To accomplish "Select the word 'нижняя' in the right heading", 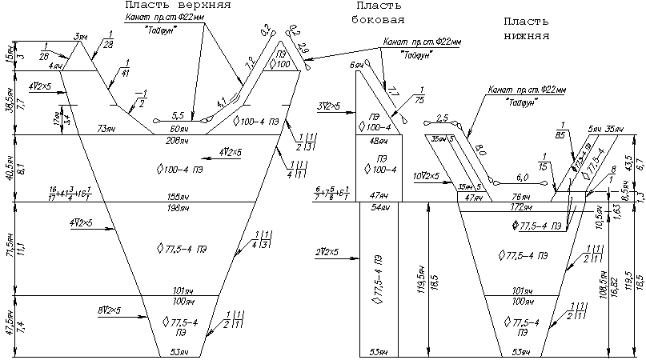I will [x=527, y=36].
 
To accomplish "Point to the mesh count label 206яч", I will [x=177, y=141].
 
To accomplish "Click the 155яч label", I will [x=177, y=195].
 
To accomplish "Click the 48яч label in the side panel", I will [x=379, y=141].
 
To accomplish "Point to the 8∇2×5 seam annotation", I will [x=109, y=309].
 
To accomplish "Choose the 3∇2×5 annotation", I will [x=330, y=106].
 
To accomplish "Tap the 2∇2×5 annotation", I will [x=330, y=252].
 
